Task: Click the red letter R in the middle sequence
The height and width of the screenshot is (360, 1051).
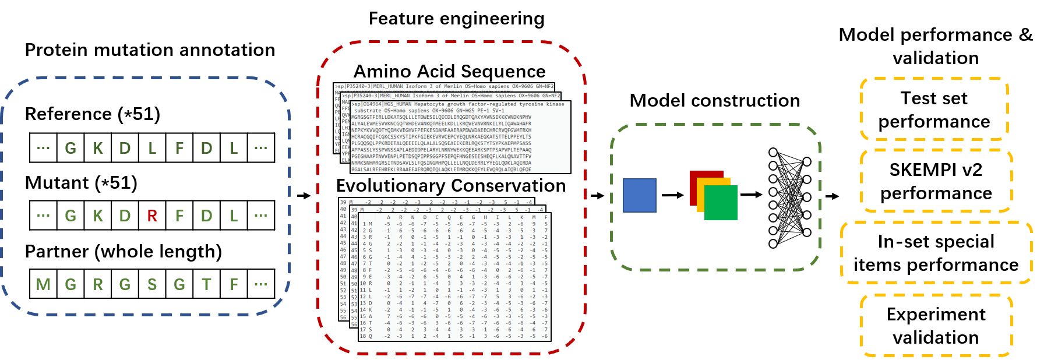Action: [x=152, y=216]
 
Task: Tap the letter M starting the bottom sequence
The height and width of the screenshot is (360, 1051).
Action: [x=43, y=285]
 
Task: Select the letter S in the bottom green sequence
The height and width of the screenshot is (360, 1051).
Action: [x=152, y=285]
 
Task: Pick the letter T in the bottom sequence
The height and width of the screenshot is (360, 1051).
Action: [x=206, y=285]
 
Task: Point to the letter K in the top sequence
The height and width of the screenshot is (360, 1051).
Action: [x=98, y=149]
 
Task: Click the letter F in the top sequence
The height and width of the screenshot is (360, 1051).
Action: [x=179, y=149]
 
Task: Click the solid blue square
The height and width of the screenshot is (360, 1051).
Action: [x=640, y=195]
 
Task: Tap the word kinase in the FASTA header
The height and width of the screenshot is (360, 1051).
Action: [x=555, y=104]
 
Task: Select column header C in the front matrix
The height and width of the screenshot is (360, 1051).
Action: [x=437, y=217]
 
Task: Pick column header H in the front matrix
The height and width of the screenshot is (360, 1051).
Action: [x=485, y=217]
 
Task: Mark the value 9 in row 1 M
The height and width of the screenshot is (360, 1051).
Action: [x=534, y=224]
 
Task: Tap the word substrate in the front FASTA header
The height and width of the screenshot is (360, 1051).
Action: [x=368, y=111]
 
